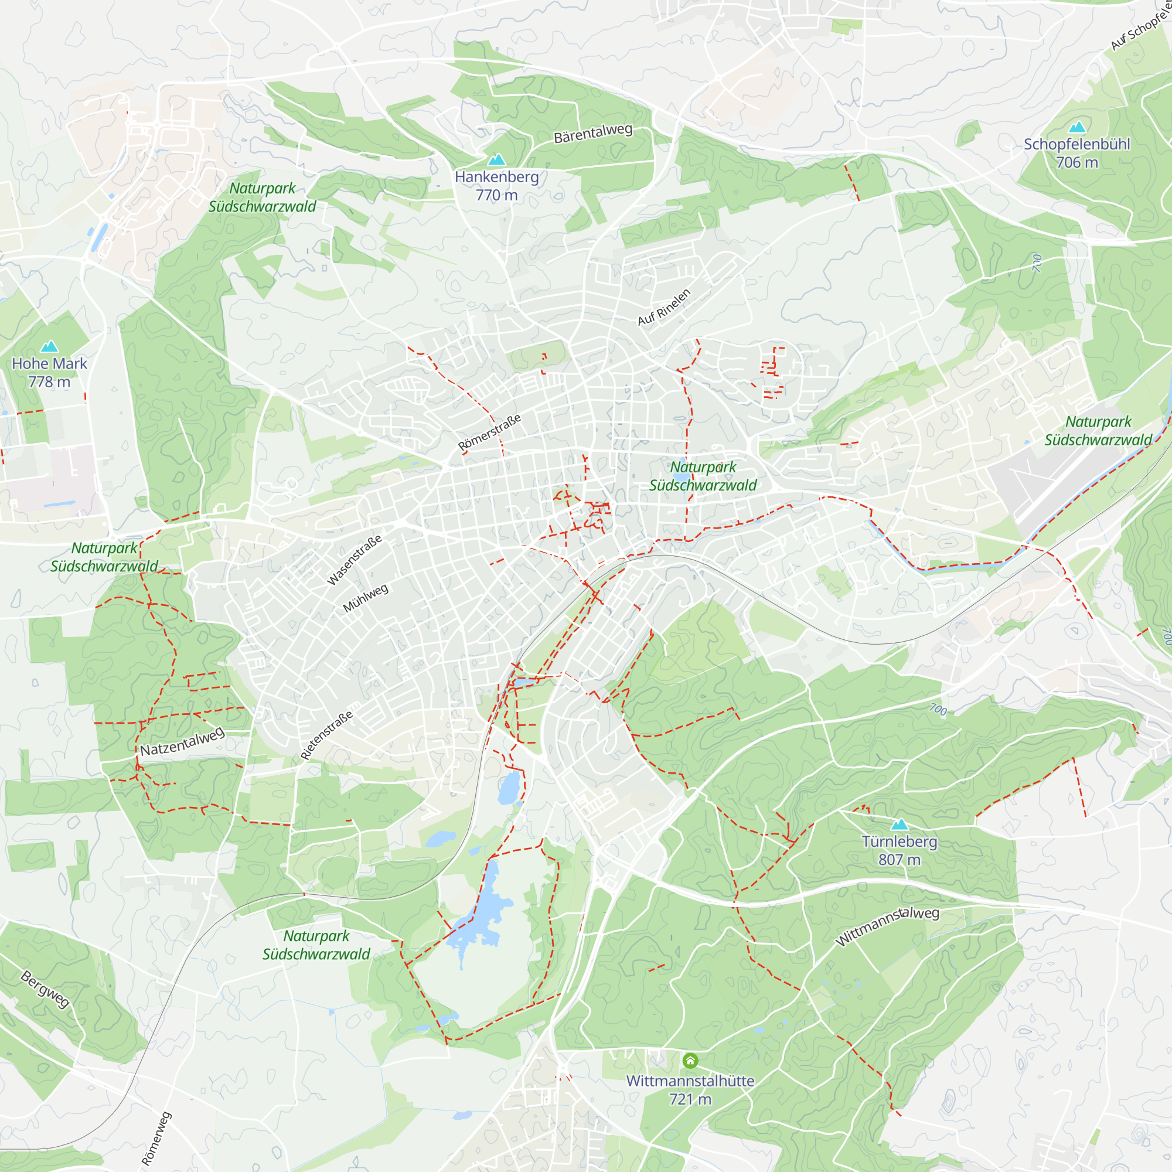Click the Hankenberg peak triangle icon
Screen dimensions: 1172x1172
pos(497,159)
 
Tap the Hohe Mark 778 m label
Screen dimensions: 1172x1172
pos(49,373)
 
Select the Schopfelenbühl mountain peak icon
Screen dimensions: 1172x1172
pos(1076,127)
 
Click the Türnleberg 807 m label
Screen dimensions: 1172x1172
pos(899,850)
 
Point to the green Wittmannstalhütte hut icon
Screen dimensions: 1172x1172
pos(690,1061)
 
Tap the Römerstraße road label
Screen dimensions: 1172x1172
pos(489,432)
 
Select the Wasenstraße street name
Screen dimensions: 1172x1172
pos(355,559)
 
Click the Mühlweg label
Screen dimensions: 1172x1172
pos(365,598)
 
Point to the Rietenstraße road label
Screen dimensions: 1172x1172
pos(326,735)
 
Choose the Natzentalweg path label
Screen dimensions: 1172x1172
pos(182,742)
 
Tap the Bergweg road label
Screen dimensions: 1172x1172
pos(45,989)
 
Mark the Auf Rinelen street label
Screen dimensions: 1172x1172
pos(664,307)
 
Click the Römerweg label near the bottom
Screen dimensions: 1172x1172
pos(156,1139)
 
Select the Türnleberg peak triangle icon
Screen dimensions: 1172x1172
pos(899,824)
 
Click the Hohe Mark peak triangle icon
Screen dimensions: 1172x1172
pos(49,346)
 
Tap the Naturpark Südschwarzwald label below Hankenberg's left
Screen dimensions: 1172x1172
pos(262,197)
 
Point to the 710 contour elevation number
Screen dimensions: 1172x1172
pos(1036,263)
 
